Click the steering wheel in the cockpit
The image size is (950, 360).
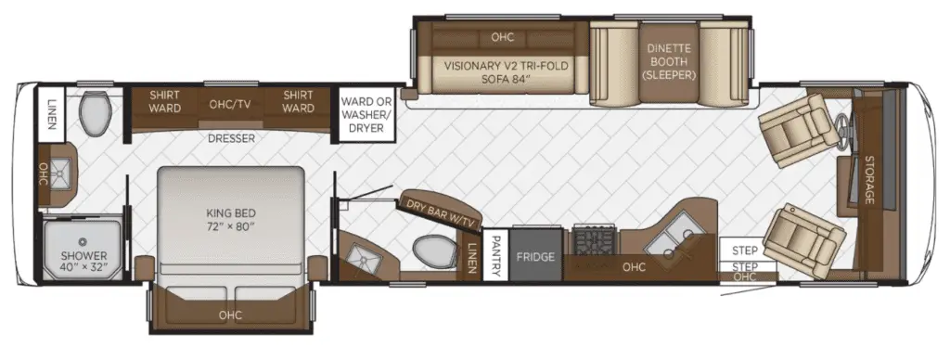coord(843,130)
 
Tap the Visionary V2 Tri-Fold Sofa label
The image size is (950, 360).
coord(506,72)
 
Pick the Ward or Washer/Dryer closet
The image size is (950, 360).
coord(366,114)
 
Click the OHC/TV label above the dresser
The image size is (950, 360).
coord(230,104)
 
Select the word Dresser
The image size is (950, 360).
coord(231,139)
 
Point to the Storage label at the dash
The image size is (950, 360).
coord(869,179)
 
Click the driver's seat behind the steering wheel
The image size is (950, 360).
coord(794,128)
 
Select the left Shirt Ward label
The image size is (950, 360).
coord(165,102)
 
